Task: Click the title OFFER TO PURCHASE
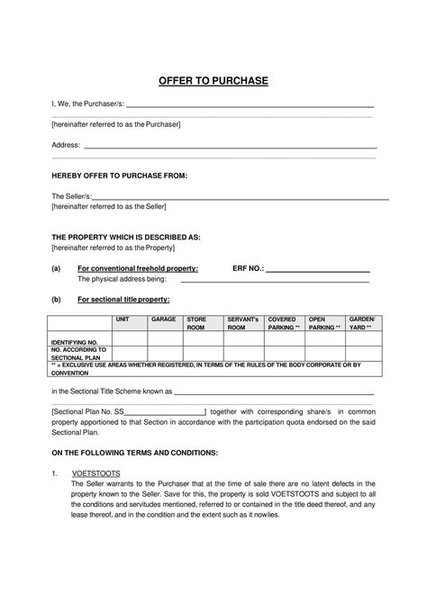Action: tap(213, 81)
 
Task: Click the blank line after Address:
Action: tap(230, 146)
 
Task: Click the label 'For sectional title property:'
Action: tap(123, 299)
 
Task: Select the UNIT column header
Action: tap(123, 319)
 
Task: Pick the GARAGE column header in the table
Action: tap(163, 319)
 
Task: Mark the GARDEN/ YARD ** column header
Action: tap(362, 324)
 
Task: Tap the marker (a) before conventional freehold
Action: tap(56, 268)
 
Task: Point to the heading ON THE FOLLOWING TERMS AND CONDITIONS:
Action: tap(134, 452)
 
